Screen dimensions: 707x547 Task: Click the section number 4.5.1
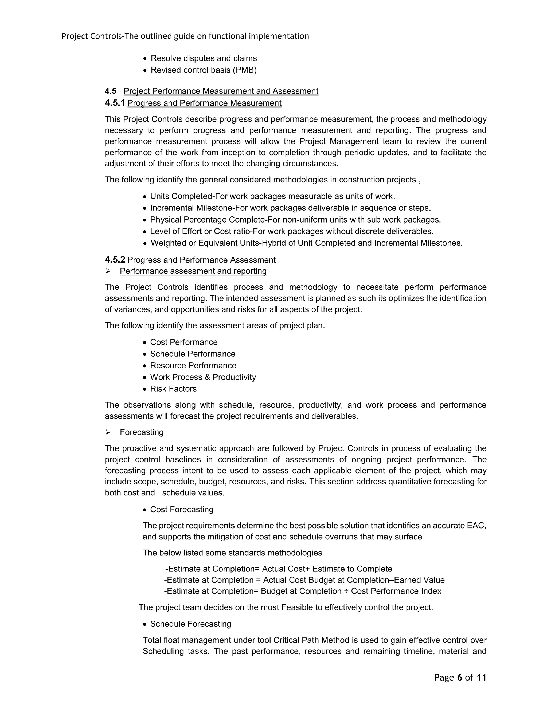[115, 103]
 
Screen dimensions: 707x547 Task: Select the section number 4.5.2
[115, 260]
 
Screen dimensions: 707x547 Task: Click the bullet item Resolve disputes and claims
[204, 58]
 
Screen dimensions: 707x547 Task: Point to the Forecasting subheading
[142, 432]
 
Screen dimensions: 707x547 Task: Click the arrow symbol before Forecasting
[108, 432]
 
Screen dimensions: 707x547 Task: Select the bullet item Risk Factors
[173, 388]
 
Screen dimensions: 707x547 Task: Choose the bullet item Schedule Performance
[193, 353]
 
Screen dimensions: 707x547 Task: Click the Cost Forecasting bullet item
[181, 509]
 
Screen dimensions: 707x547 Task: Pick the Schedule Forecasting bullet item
[190, 624]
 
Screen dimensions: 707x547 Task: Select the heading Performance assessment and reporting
[193, 271]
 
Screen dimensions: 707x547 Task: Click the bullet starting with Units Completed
[272, 196]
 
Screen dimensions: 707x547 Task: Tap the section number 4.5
[110, 91]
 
